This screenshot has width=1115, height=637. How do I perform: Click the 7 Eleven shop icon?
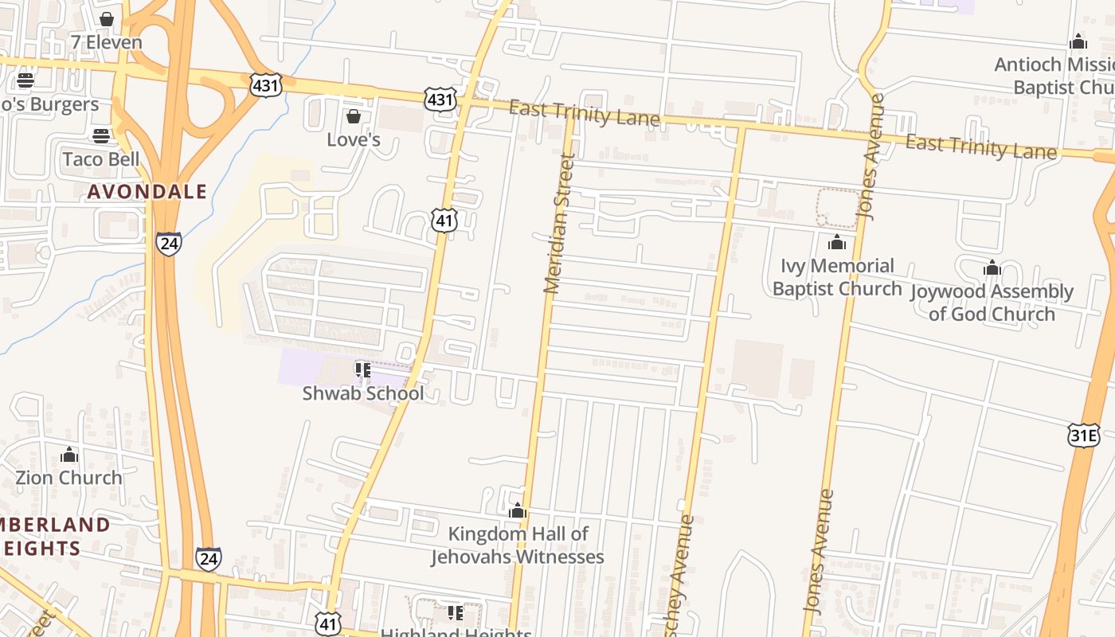click(107, 18)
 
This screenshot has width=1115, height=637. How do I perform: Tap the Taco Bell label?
click(101, 158)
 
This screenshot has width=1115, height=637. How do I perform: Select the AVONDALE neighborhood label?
click(147, 191)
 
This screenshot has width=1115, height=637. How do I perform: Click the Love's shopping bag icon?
click(354, 117)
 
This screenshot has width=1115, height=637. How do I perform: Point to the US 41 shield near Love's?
click(444, 221)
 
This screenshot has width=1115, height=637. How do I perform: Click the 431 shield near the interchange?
click(265, 84)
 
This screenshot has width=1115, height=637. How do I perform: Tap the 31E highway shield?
click(1083, 435)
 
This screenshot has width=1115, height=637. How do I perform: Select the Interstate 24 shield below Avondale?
click(168, 243)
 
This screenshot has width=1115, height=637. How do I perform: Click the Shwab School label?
click(363, 393)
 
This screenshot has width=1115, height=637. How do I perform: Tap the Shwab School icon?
click(363, 369)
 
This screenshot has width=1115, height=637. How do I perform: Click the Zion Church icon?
click(69, 455)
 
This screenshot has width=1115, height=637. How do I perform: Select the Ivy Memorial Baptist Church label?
click(837, 276)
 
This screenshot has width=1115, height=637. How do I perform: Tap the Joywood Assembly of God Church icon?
click(992, 268)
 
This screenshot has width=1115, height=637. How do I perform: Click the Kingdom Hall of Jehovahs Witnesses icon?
click(518, 510)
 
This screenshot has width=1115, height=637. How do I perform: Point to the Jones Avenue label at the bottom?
click(820, 551)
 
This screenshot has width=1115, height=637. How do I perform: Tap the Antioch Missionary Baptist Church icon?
click(1078, 41)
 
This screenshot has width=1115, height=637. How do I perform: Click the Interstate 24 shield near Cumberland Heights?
click(208, 559)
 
